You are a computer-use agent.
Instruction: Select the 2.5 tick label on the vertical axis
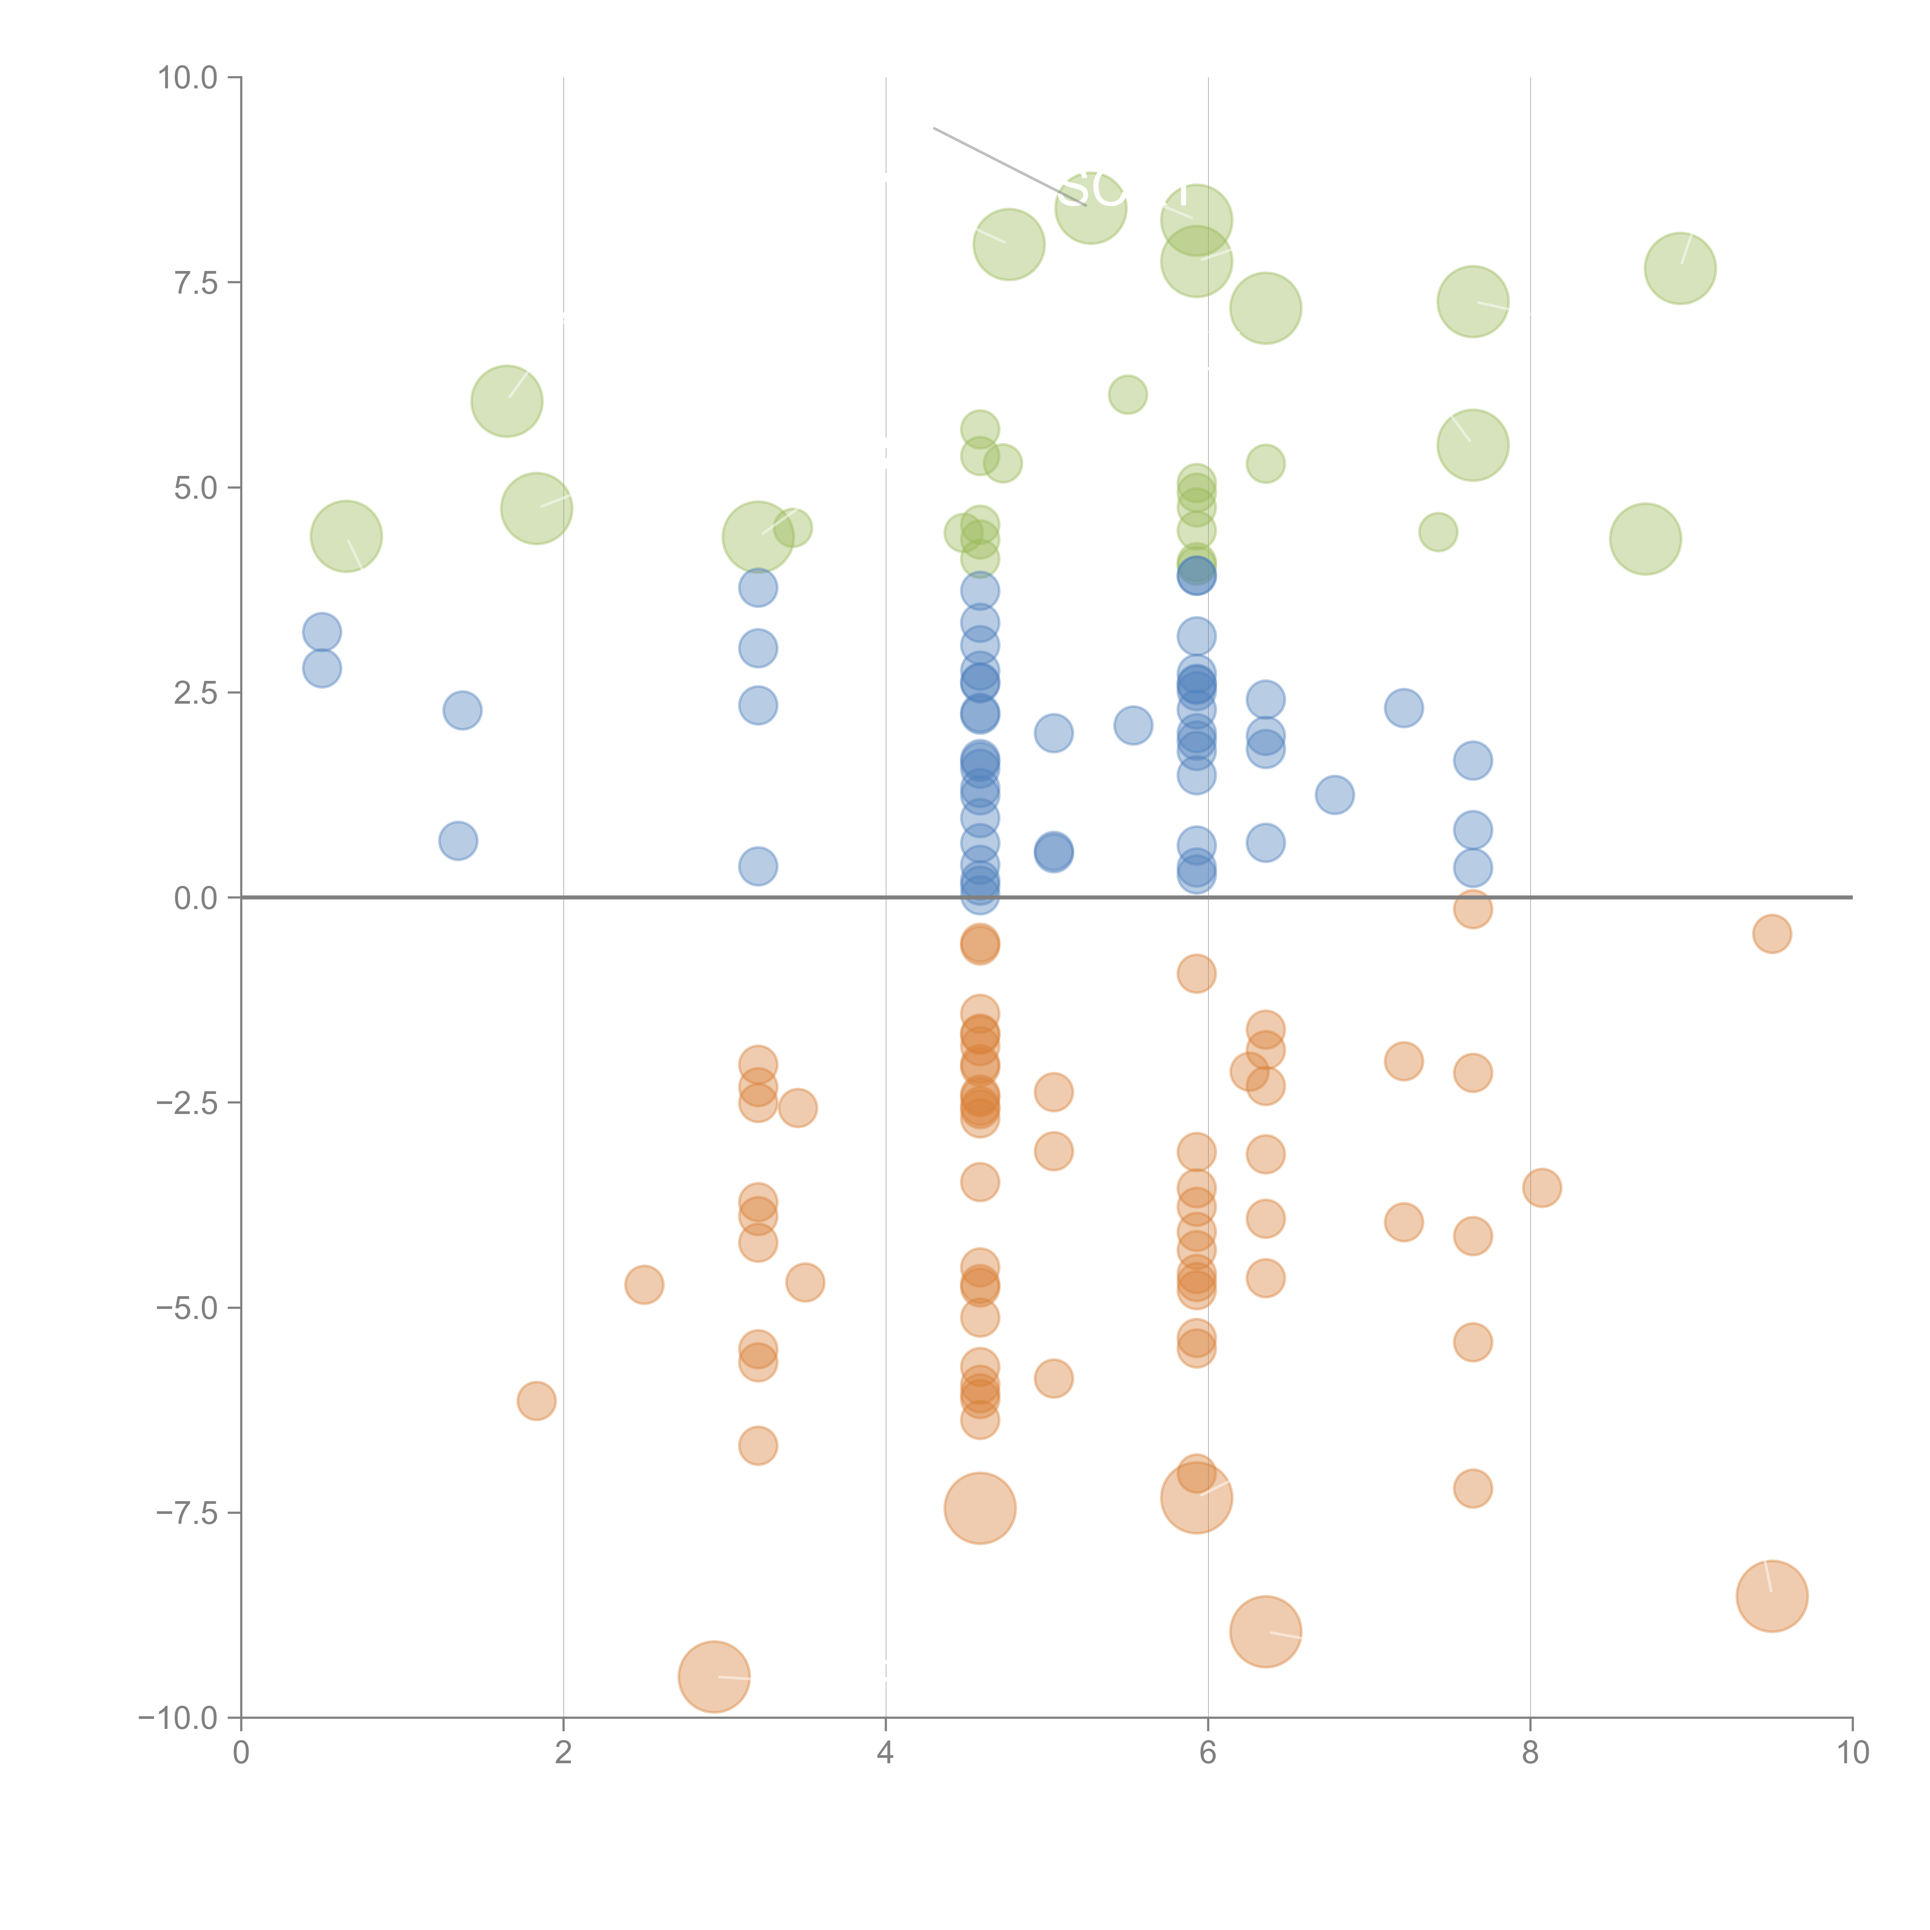click(196, 692)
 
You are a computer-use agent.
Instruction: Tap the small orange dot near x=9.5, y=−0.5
click(1771, 934)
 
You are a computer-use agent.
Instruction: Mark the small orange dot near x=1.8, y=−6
click(537, 1400)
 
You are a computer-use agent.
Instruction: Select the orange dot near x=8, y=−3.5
click(1541, 1188)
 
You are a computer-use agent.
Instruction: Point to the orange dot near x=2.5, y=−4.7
click(644, 1285)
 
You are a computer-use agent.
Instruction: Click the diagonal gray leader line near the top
click(999, 162)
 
